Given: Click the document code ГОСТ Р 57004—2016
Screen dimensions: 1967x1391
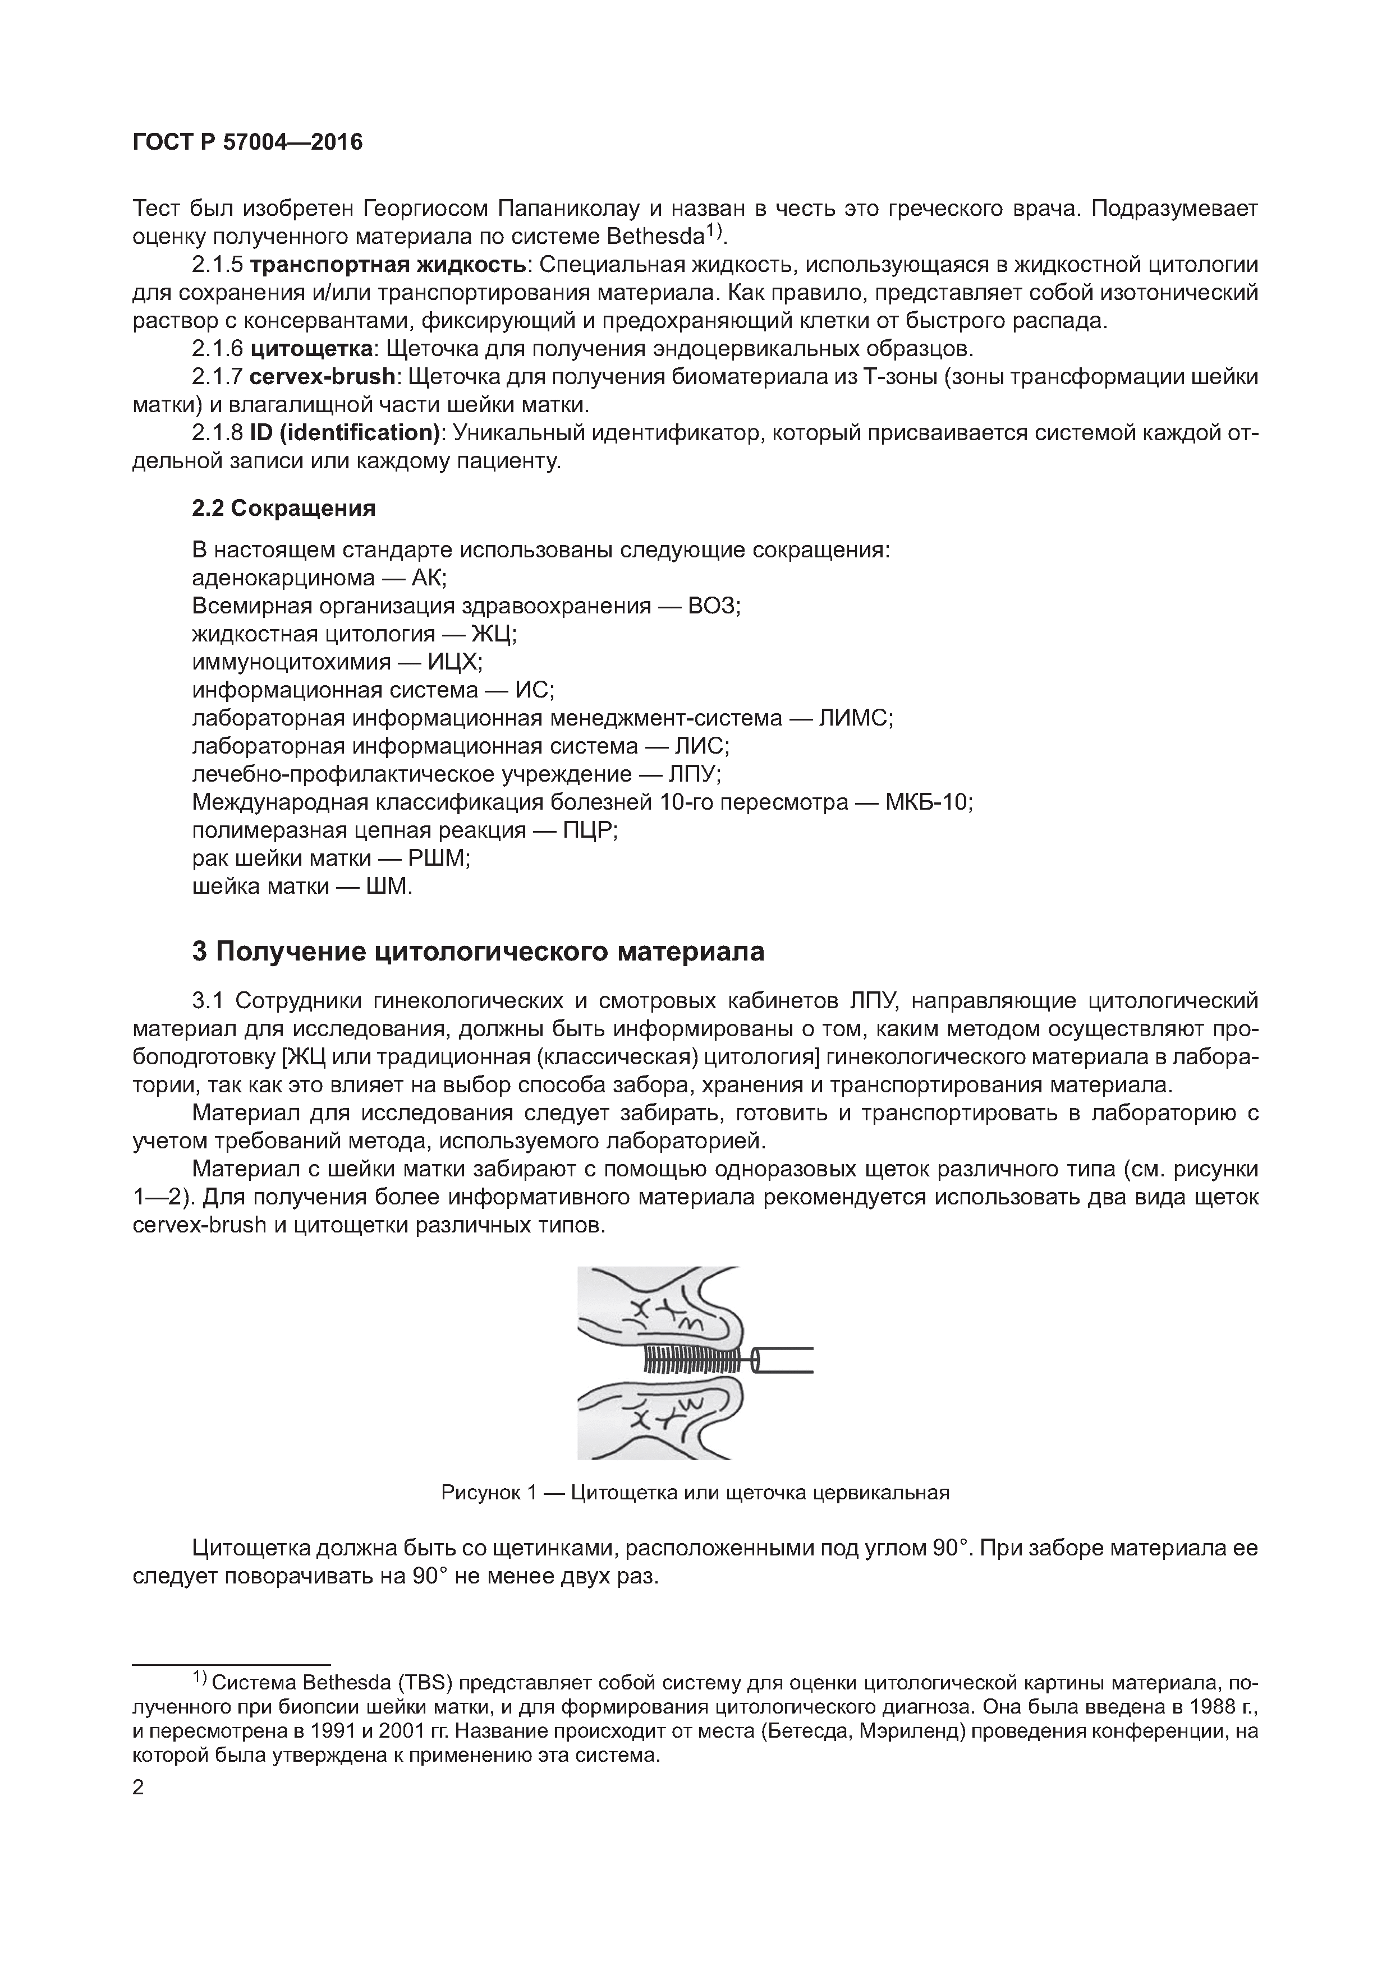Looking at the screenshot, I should click(247, 142).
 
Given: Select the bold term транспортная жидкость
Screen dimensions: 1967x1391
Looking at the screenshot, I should click(387, 265).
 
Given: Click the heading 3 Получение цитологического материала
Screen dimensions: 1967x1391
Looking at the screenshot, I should click(478, 952).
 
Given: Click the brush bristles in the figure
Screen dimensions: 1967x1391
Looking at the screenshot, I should click(690, 1360).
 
